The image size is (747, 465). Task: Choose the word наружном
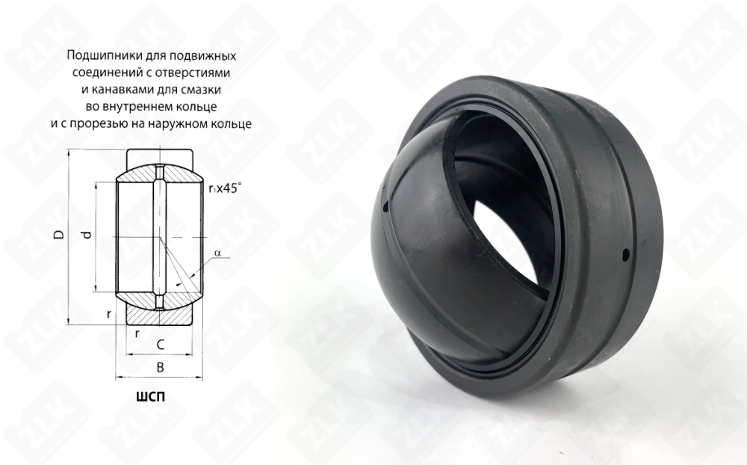click(177, 124)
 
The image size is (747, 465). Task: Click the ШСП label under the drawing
click(151, 397)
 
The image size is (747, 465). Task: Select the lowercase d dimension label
click(86, 235)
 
